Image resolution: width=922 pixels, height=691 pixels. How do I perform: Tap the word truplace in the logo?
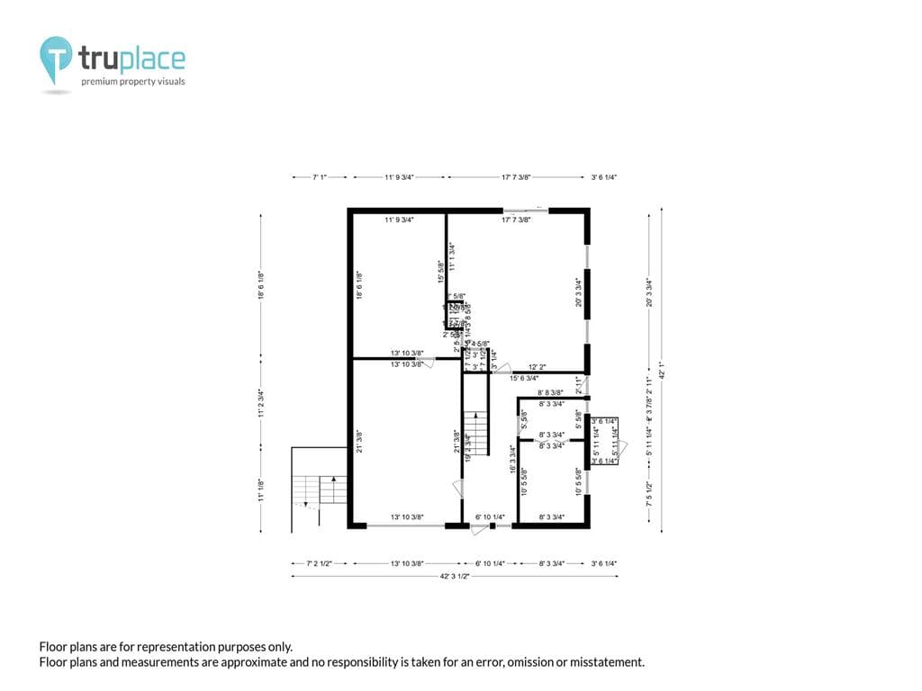tap(131, 59)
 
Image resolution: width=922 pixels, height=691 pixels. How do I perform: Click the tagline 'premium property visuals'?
tap(133, 82)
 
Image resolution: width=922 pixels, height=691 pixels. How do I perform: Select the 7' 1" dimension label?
tap(320, 178)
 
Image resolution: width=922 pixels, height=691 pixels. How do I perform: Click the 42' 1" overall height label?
tap(663, 372)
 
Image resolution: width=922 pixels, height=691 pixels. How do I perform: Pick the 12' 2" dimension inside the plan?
tap(538, 367)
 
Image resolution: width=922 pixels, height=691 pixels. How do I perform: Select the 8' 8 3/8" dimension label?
tap(550, 392)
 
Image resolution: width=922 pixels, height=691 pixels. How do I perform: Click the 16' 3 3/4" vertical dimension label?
tap(512, 460)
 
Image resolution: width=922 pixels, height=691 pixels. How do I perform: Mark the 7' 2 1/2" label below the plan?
tap(320, 563)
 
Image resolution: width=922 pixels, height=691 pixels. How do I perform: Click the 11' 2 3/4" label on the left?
tap(261, 401)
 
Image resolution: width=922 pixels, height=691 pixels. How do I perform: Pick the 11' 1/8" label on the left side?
tap(261, 490)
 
